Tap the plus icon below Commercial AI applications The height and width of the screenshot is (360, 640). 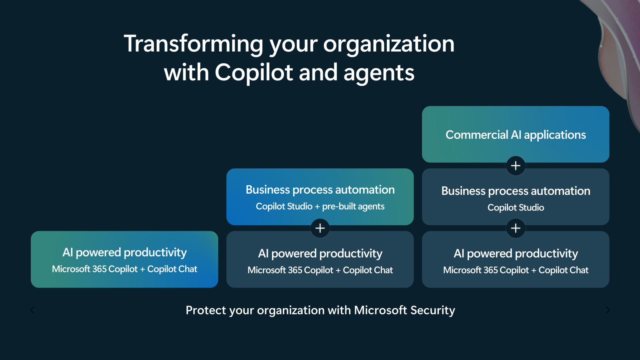tap(516, 166)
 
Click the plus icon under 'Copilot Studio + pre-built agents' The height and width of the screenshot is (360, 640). tap(320, 228)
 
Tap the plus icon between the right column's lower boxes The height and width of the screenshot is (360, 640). tap(516, 228)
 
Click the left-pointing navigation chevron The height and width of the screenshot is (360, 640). tap(32, 310)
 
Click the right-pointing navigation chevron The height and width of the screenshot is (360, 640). tap(608, 310)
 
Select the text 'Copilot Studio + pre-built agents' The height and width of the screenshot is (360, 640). tap(320, 206)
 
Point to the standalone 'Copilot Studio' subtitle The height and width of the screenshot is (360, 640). tap(516, 208)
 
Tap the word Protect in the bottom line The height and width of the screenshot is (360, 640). tap(201, 310)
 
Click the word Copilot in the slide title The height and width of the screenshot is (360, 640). tap(254, 73)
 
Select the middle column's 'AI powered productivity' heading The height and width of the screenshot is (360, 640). tap(320, 254)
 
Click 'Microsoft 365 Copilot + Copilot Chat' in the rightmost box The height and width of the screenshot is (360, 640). tap(516, 270)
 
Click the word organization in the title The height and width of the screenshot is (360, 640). tap(389, 44)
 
